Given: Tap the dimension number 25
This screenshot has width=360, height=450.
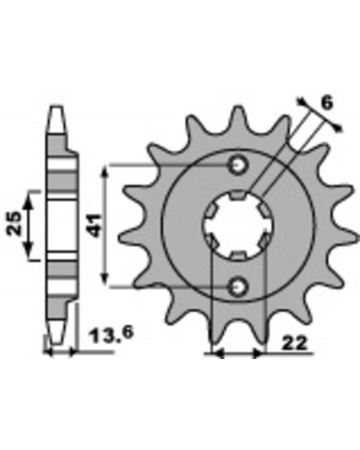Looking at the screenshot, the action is [14, 223].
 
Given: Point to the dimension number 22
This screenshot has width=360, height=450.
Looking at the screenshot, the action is [295, 343].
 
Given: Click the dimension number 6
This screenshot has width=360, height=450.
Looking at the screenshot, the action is [327, 103].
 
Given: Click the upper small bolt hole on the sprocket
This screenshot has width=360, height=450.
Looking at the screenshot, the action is [238, 165].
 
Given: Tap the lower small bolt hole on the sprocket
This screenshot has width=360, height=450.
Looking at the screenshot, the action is [238, 287].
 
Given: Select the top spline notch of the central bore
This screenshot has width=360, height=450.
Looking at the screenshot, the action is [238, 195].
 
